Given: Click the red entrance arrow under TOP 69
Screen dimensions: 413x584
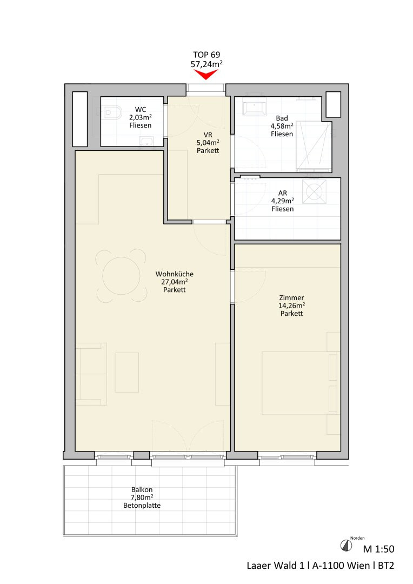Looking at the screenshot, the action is [x=205, y=75].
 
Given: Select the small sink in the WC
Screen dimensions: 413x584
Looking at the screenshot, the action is [x=146, y=141].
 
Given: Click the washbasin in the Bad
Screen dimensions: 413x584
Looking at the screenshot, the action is [x=254, y=107].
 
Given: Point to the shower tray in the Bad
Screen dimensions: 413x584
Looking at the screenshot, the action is [x=314, y=147].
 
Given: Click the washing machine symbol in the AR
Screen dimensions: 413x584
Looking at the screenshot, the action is [x=314, y=192].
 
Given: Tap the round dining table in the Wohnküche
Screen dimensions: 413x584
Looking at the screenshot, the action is [x=122, y=276].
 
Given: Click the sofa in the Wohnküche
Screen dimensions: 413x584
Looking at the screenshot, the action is [x=91, y=374].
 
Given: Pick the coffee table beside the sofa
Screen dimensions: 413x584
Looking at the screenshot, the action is [x=126, y=373].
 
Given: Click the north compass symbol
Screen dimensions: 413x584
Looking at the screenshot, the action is [x=347, y=546].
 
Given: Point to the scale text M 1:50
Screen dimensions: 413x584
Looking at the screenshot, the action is [x=378, y=549].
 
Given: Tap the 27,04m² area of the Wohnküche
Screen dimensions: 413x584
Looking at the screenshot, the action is [x=174, y=282].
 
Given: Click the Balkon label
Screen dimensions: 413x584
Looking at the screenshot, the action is [x=142, y=490].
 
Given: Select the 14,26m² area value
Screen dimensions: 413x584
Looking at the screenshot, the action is [x=291, y=306].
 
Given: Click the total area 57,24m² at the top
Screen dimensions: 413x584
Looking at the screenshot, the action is [x=206, y=64].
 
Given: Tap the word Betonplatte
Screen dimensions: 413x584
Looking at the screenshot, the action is [x=142, y=506].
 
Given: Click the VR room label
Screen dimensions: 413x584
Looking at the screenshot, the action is [x=208, y=135].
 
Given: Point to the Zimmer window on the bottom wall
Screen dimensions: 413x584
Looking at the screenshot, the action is [x=287, y=456].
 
